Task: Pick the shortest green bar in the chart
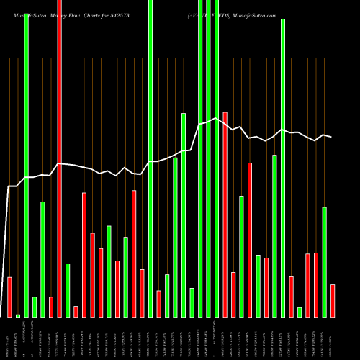coord(18,315)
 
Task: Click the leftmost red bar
coord(9,297)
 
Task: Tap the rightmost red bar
coord(333,300)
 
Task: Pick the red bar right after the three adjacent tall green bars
coord(225,214)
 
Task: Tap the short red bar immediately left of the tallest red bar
coord(51,307)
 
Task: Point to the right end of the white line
coord(331,137)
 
